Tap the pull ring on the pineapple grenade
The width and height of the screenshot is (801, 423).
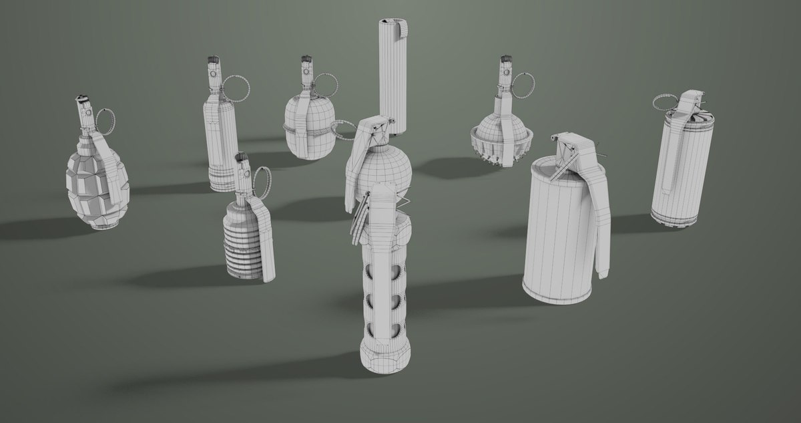[109, 119]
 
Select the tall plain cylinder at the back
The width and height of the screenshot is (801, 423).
[392, 74]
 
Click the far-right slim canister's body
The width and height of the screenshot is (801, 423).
[684, 174]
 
